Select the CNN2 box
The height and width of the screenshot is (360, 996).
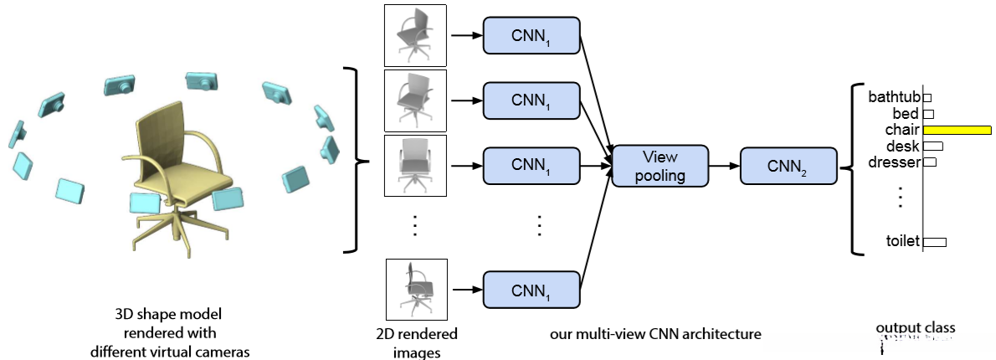click(788, 166)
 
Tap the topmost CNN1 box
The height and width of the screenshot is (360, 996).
click(531, 35)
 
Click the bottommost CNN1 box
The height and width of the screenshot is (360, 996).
click(531, 290)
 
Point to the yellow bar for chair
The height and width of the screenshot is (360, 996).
click(956, 130)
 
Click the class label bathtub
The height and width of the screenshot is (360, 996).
click(894, 97)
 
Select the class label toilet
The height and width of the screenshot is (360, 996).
click(902, 241)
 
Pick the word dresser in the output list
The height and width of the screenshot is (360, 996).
click(894, 162)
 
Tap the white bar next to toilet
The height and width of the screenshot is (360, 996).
click(935, 242)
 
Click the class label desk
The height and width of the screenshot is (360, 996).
click(902, 146)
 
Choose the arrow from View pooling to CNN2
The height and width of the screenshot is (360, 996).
click(724, 166)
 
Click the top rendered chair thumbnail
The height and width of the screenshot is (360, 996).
click(415, 36)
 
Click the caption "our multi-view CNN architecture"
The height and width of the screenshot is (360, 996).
click(655, 334)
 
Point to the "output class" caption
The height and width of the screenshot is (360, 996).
click(915, 328)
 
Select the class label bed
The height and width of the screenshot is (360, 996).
click(906, 113)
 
